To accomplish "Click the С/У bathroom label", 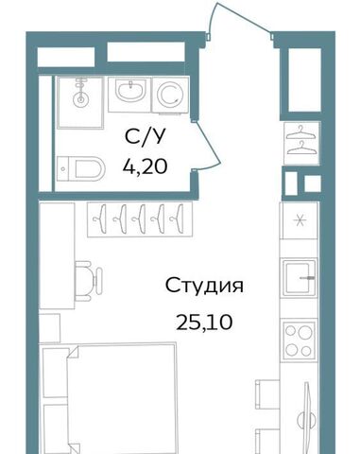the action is point(145,137).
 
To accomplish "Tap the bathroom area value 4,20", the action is point(145,166).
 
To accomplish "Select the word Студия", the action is point(204,286).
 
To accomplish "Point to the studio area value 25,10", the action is point(204,323).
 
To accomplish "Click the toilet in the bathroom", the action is point(81,168).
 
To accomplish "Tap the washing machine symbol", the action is point(170,95).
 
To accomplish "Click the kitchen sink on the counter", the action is point(300,277).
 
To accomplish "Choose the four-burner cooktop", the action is point(300,340).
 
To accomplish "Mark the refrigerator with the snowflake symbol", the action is point(300,220).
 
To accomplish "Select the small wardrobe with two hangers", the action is point(302,143).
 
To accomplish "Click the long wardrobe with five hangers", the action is point(140,219).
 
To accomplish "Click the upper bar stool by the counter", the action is point(267,394).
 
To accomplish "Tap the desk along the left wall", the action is point(57,255).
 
